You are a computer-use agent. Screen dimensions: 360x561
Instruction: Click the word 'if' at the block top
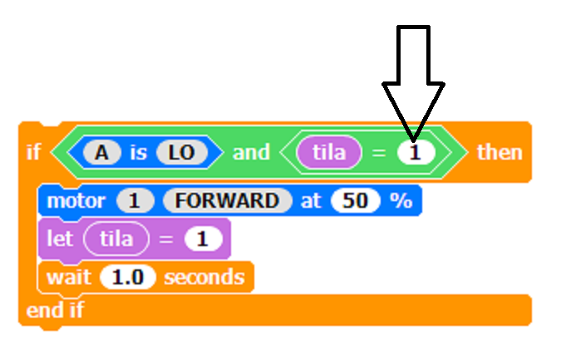33,152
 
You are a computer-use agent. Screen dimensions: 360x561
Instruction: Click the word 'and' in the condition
251,152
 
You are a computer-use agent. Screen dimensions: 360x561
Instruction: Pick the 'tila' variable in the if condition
330,152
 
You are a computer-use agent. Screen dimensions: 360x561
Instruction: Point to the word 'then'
499,152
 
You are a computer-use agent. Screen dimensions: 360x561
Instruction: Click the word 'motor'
76,201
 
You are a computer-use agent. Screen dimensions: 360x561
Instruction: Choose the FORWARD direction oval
228,201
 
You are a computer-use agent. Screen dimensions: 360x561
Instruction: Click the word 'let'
60,239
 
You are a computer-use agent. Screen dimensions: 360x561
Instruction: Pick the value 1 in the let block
203,239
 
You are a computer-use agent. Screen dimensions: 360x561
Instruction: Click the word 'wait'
68,277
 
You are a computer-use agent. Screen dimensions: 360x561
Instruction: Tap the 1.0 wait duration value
127,277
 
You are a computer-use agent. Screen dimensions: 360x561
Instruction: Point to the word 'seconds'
204,277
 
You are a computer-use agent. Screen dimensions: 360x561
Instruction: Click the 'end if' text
55,311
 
